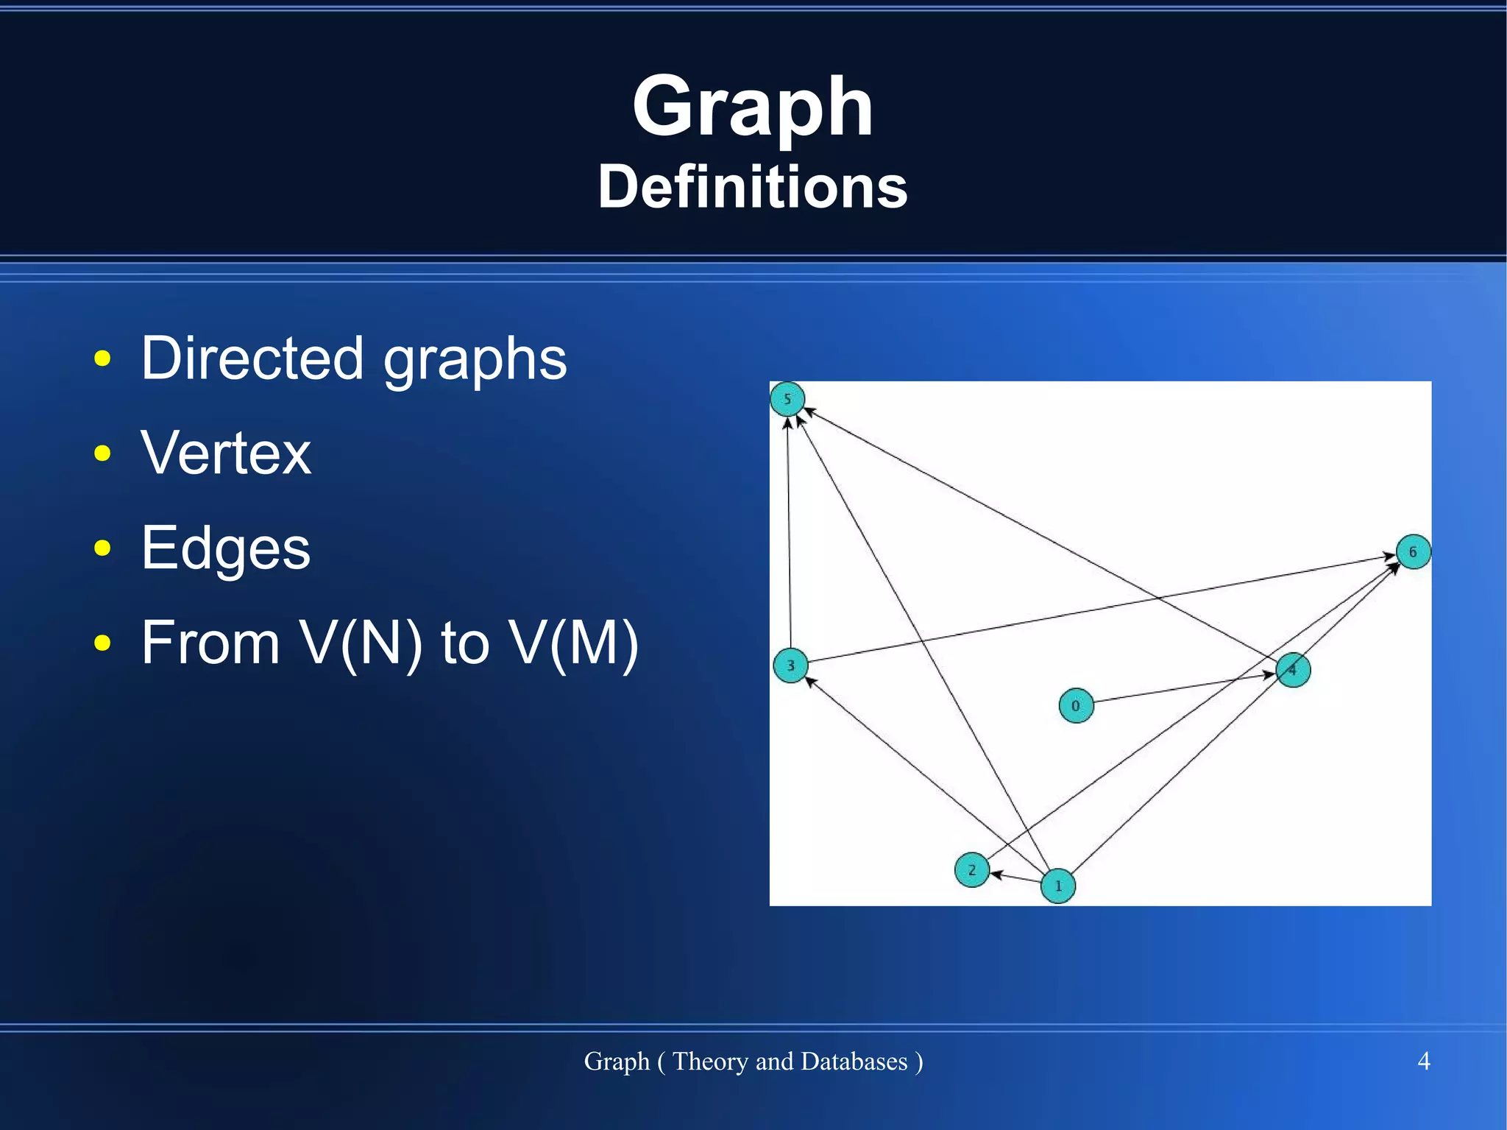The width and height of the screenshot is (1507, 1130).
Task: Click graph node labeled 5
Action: (x=787, y=400)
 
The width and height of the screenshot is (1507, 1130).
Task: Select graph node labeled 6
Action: (x=1413, y=552)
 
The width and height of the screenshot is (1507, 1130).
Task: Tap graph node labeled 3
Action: (x=790, y=665)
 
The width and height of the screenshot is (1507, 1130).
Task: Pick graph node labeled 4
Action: (x=1293, y=670)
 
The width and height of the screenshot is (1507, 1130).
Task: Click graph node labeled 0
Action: (x=1076, y=705)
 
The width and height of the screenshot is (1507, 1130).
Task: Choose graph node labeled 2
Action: (x=971, y=870)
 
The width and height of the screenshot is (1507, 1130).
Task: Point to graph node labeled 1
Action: (x=1058, y=886)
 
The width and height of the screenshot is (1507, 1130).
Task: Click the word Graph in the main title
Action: (x=752, y=107)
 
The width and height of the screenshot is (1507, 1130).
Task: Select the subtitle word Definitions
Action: (x=752, y=187)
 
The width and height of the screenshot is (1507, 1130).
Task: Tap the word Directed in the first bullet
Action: (x=252, y=359)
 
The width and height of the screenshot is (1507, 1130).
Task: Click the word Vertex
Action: (x=226, y=453)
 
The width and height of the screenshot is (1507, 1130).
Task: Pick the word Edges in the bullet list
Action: (x=226, y=548)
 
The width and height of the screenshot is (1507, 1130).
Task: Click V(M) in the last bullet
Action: (x=574, y=643)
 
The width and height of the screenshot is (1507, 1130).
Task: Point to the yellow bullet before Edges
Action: (x=102, y=548)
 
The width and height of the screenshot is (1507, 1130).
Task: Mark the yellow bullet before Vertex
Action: (x=102, y=453)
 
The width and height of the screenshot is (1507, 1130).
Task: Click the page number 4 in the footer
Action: (x=1423, y=1061)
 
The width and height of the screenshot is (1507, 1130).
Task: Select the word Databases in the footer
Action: (x=854, y=1061)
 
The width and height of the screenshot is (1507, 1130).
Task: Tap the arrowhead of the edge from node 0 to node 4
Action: (x=1269, y=674)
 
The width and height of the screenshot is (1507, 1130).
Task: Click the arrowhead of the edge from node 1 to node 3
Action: (x=810, y=682)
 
